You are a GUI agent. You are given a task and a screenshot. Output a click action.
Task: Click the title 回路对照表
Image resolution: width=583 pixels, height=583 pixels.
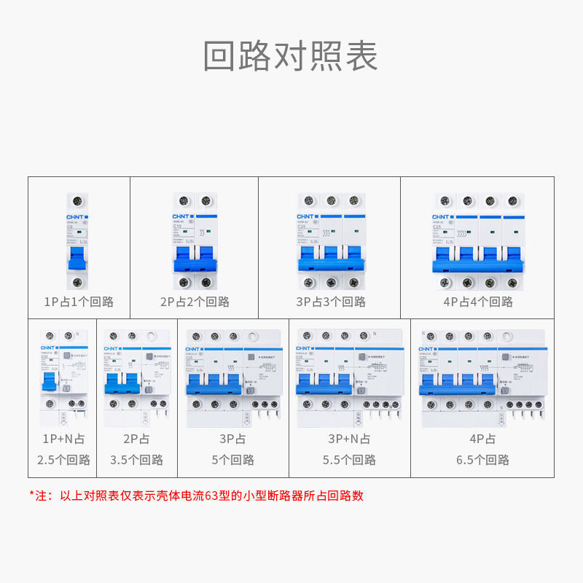click(291, 56)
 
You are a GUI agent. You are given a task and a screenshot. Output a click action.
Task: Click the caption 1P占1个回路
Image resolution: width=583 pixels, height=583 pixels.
click(79, 302)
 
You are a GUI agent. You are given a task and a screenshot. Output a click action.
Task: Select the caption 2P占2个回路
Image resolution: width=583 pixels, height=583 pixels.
click(195, 302)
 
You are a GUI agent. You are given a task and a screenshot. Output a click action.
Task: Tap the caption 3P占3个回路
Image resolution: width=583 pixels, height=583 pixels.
click(330, 302)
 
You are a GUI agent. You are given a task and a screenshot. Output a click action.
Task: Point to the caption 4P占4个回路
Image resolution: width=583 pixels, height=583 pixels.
click(477, 302)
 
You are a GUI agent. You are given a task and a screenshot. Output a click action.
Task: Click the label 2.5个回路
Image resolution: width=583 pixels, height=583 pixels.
click(64, 460)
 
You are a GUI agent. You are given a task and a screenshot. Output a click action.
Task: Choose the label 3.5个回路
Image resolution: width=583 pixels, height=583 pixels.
click(137, 460)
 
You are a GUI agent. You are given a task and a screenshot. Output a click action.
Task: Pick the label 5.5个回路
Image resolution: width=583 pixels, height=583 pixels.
click(350, 460)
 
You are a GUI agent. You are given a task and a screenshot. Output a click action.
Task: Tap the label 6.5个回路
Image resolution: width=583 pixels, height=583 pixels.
click(482, 460)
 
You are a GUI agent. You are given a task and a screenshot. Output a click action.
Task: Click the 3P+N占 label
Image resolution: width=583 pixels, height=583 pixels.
click(350, 439)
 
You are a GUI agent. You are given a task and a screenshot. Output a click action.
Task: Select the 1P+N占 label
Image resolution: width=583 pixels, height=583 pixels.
click(64, 439)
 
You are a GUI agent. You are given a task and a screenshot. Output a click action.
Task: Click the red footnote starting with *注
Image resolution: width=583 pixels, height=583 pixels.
click(197, 496)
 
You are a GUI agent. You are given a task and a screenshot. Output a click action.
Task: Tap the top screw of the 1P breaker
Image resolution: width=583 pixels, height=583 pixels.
click(78, 201)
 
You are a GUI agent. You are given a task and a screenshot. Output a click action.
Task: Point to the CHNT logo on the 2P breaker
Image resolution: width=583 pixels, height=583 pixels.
click(181, 217)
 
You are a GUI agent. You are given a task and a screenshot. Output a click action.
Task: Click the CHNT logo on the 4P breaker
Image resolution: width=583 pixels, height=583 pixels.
click(442, 217)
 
